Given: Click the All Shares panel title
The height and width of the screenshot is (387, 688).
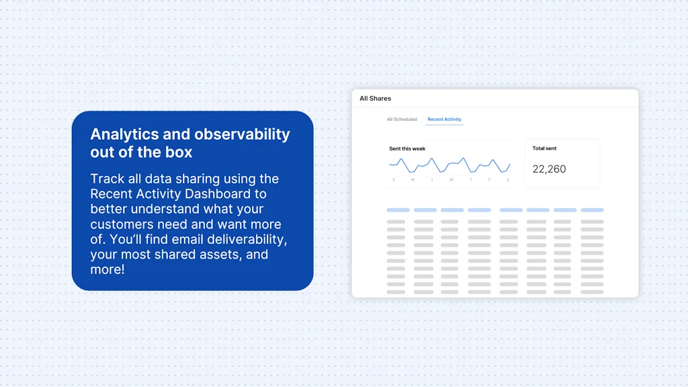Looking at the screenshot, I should point(375,99).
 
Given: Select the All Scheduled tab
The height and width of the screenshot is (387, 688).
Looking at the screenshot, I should point(402,120).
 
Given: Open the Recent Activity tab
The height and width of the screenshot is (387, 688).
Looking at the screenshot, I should point(444,120).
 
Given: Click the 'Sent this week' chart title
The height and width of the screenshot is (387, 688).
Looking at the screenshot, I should point(407,148).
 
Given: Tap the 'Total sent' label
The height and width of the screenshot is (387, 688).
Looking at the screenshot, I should point(544,148).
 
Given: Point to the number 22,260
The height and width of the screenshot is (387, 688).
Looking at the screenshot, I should point(549,169).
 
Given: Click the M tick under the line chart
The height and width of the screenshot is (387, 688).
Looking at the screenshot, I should point(413,179).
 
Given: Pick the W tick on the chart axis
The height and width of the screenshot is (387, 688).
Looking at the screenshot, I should point(451,179).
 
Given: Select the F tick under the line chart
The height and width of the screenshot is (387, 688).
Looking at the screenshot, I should point(490,179).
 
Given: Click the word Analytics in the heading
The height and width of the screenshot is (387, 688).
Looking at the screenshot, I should point(121,134).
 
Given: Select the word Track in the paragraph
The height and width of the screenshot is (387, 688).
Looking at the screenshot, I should point(107,179).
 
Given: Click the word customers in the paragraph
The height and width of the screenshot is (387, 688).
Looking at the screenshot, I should point(123,224).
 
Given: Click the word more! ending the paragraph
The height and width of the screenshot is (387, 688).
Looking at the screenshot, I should point(107,270).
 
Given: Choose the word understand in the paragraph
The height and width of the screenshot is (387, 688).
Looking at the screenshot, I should point(165,209).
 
